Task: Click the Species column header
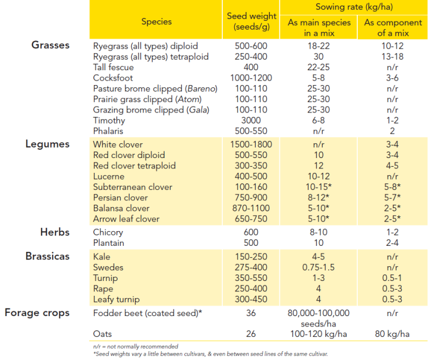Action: coord(156,21)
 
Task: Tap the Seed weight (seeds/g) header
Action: coord(251,21)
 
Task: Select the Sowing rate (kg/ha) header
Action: coord(354,7)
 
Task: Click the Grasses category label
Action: coord(50,45)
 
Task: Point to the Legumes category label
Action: coord(48,144)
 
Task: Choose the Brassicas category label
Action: coord(48,256)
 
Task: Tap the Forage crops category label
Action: coord(37,313)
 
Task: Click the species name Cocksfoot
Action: coord(113,78)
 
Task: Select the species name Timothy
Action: coord(109,121)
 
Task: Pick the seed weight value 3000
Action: coord(251,120)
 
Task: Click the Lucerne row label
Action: coord(109,177)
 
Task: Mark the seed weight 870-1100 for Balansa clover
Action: coord(251,208)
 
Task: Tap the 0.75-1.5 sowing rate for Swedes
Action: coord(318,267)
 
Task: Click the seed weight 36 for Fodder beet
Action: coord(251,313)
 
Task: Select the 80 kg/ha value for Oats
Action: coord(392,334)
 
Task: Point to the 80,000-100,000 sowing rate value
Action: coord(318,313)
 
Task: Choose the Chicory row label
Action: coord(108,233)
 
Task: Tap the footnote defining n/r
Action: coord(136,347)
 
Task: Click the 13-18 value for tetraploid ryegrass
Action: coord(392,57)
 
